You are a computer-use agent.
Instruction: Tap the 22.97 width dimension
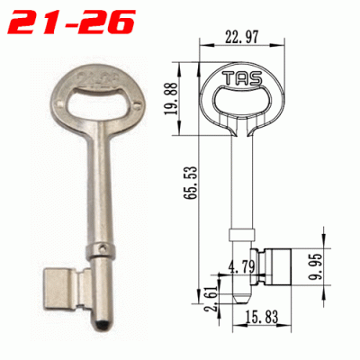click(x=241, y=37)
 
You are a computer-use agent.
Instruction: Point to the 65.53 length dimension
click(x=192, y=182)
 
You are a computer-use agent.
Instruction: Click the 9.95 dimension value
click(x=315, y=266)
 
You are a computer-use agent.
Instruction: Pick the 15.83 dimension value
click(x=261, y=317)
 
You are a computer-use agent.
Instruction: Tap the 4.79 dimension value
click(x=241, y=266)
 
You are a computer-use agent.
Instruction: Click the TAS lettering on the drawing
click(x=243, y=78)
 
